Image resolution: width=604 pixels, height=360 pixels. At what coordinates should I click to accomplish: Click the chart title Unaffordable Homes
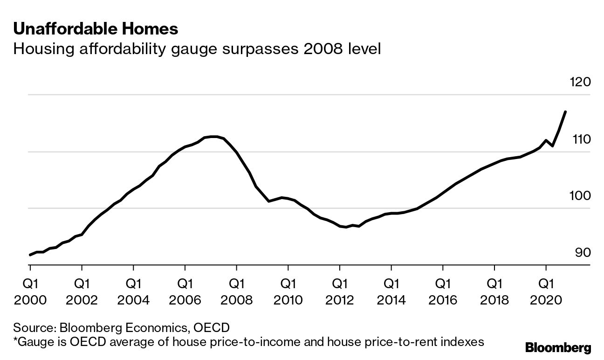(x=96, y=29)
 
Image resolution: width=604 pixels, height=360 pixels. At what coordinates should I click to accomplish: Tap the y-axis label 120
(x=580, y=83)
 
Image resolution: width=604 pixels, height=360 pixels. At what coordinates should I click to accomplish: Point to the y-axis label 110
(x=580, y=139)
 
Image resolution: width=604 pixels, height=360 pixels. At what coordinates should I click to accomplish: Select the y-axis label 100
(x=580, y=196)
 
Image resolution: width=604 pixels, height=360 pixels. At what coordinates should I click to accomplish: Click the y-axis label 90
(x=583, y=253)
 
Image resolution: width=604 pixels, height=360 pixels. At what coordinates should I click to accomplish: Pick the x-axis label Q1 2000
(x=30, y=291)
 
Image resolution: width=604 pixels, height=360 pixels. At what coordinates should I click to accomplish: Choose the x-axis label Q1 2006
(x=185, y=291)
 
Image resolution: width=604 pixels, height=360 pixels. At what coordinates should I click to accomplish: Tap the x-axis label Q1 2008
(x=237, y=291)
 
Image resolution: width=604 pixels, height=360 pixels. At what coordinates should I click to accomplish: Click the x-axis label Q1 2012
(x=340, y=291)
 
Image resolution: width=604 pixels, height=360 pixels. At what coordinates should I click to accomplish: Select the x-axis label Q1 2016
(x=443, y=291)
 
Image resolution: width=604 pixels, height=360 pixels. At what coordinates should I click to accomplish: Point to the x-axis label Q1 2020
(x=546, y=291)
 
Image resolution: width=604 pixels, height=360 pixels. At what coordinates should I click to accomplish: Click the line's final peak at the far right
(x=565, y=112)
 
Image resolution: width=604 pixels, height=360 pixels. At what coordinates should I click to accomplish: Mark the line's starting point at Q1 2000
(x=30, y=255)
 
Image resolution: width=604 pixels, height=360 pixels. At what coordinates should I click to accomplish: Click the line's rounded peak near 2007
(x=213, y=137)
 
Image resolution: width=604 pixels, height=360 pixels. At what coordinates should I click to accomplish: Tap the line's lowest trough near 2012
(x=346, y=227)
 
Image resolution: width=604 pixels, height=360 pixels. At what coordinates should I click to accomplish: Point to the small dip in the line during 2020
(x=552, y=146)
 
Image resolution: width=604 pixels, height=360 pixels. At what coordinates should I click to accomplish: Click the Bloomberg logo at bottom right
(x=558, y=347)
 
